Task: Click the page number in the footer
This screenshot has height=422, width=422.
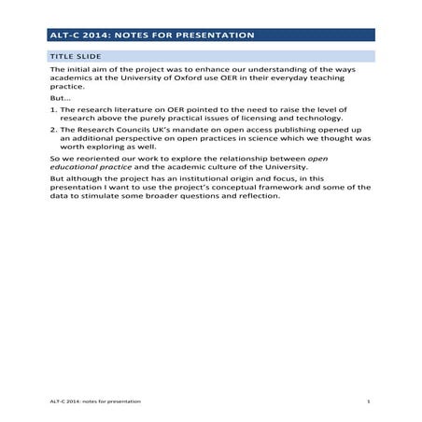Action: [370, 401]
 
